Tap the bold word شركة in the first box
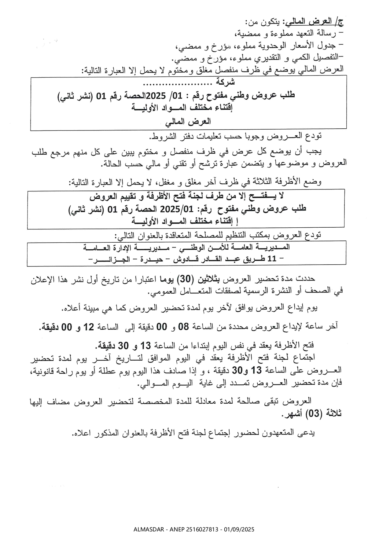pos(226,82)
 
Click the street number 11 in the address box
pos(272,259)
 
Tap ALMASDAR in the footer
pos(147,529)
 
